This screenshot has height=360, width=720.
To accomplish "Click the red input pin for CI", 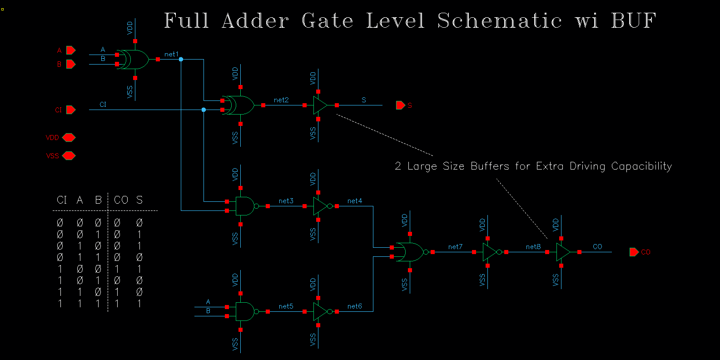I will pos(70,110).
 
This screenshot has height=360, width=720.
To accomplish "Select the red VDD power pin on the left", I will pos(69,137).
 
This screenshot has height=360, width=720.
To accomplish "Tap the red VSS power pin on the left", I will pos(69,156).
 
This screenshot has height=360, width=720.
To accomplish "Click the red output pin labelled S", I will pos(400,105).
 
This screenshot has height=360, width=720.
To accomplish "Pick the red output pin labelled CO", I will pos(634,252).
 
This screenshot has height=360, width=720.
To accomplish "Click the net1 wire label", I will pos(171,54).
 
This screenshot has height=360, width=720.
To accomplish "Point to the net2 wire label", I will pos(281,100).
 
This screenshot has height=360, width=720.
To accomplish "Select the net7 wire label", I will pos(455,247).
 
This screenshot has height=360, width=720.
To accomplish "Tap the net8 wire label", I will pos(533,247).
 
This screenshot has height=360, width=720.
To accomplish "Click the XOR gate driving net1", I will pos(134,60).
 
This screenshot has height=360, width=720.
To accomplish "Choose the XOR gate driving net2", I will pos(240,105).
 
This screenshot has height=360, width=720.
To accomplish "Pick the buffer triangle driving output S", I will pos(320,105).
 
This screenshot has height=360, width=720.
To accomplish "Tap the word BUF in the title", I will pos(633,21).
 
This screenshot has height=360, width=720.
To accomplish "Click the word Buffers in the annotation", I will pos(490,166).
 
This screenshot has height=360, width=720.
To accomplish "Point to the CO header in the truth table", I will pos(121,200).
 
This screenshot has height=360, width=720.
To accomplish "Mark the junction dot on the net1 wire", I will pos(181,60).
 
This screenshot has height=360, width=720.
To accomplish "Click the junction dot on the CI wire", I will pos(204,110).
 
